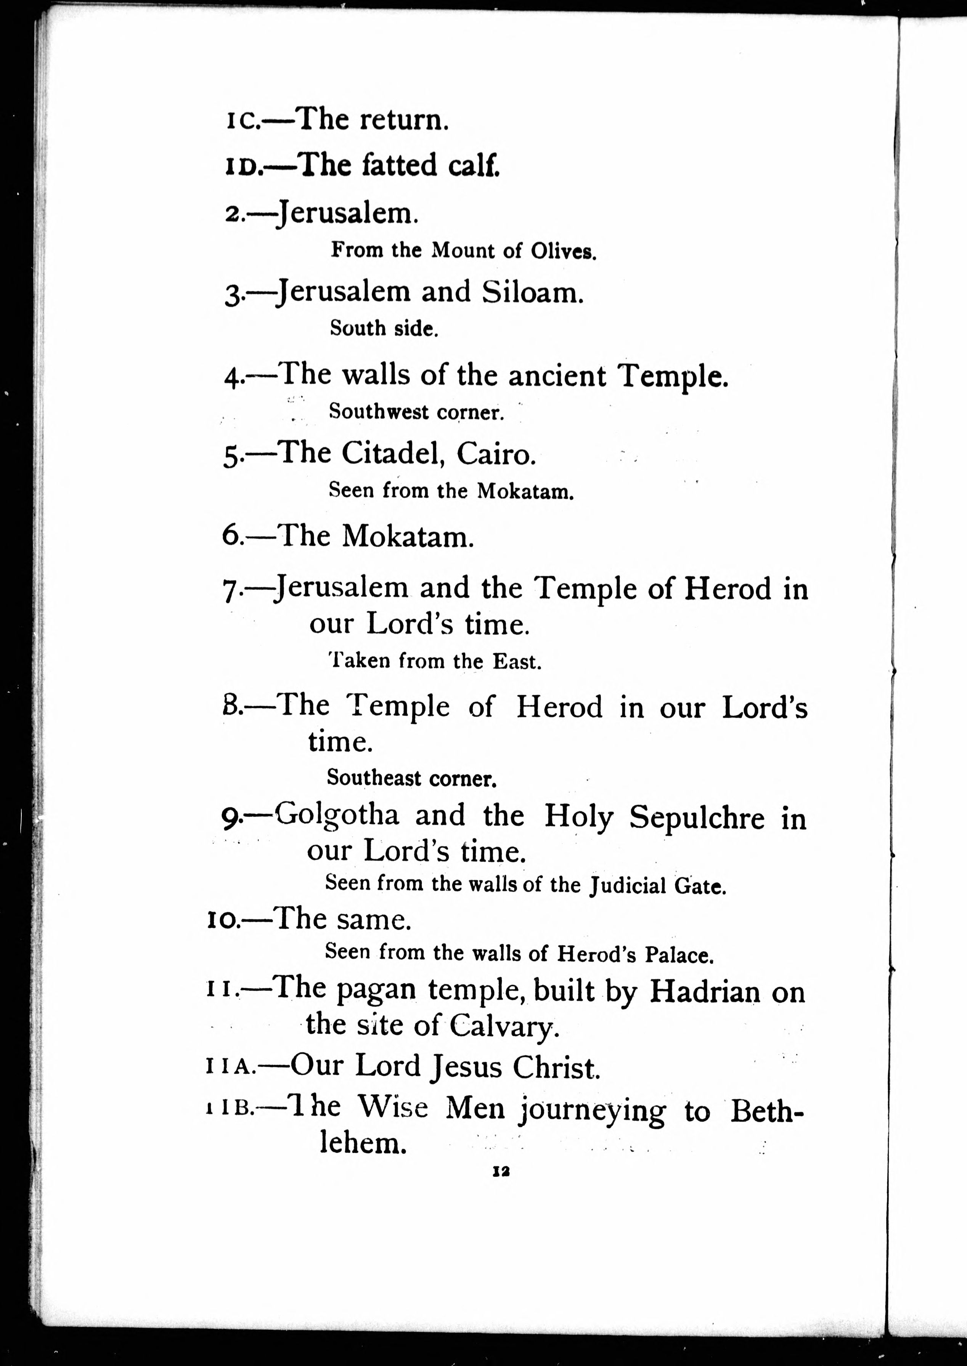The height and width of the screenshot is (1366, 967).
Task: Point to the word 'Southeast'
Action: [x=373, y=778]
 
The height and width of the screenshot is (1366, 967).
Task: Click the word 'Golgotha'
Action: [x=337, y=814]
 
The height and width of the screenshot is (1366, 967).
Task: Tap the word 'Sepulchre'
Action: [x=697, y=817]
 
